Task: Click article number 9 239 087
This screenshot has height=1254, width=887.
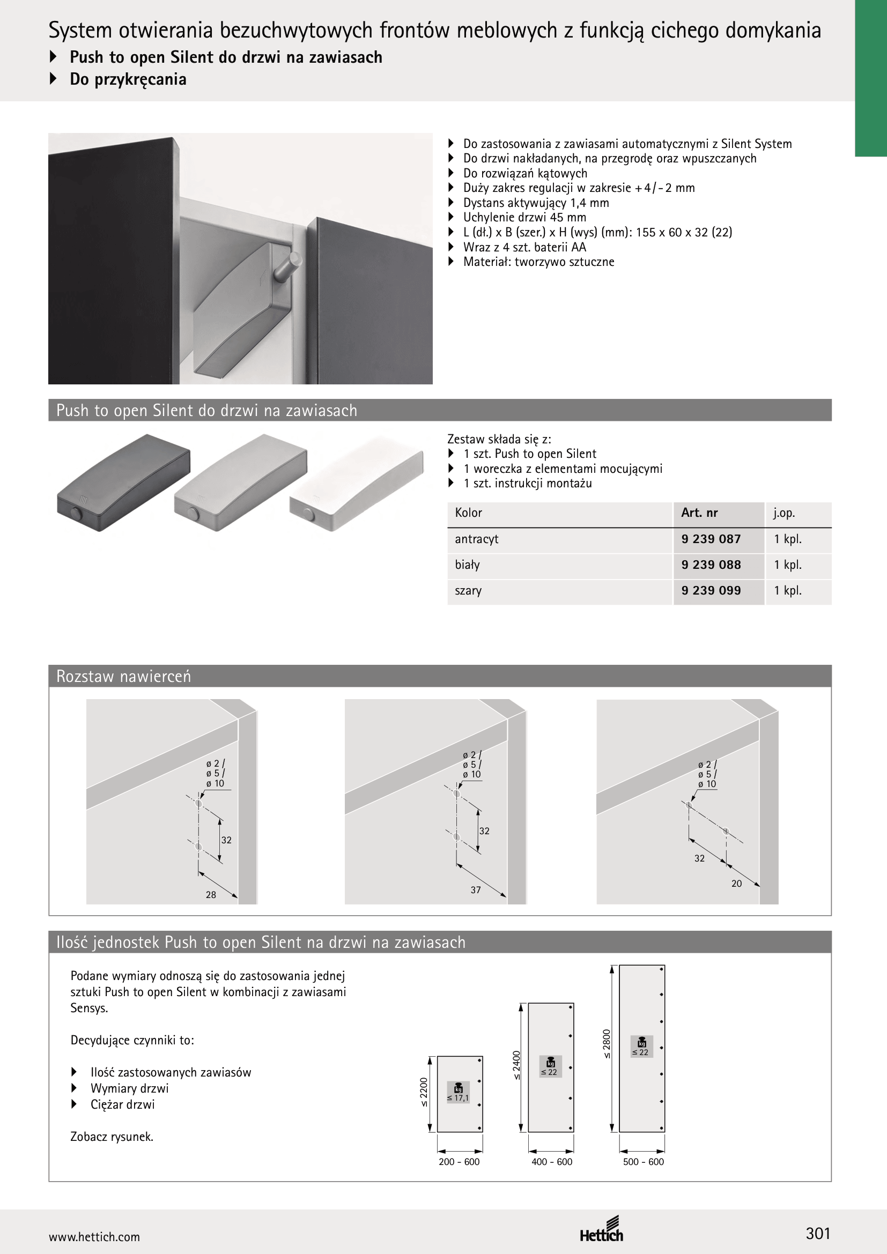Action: (711, 539)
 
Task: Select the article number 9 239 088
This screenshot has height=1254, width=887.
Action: (711, 565)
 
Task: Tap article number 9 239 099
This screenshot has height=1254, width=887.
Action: (711, 590)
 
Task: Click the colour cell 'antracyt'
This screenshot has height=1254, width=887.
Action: (476, 539)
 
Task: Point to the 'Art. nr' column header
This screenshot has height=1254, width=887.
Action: (699, 513)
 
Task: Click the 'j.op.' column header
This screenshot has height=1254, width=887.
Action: (784, 514)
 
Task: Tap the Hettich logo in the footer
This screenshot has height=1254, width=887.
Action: (601, 1229)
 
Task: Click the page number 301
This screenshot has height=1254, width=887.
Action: (818, 1233)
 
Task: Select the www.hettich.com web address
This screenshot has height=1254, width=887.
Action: (94, 1237)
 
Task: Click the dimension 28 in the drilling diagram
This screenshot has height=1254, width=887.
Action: (211, 895)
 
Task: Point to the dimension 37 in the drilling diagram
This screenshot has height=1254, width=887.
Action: (476, 890)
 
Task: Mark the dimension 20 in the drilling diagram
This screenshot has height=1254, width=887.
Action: (736, 883)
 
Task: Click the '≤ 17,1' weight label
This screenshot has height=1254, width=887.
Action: (457, 1098)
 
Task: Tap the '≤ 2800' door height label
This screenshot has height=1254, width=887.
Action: (607, 1044)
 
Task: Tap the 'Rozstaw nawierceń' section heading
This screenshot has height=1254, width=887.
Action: (123, 676)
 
